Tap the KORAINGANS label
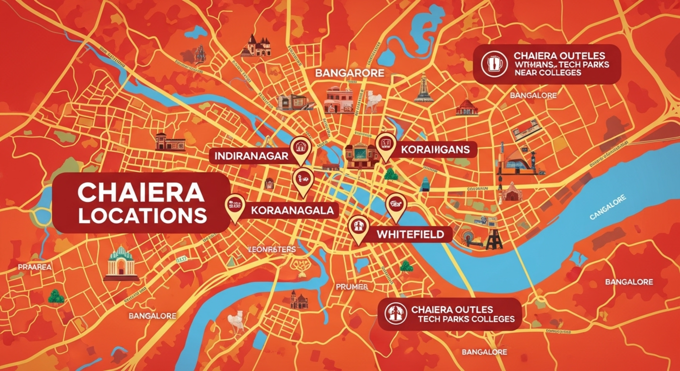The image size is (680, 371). (435, 150)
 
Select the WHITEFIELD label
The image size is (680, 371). (410, 234)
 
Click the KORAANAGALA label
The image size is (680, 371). (292, 211)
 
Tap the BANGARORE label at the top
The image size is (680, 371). (349, 73)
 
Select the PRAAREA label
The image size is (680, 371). (35, 267)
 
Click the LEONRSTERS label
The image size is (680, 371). (272, 250)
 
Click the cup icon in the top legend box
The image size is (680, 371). (494, 64)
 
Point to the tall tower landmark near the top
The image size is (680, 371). (423, 88)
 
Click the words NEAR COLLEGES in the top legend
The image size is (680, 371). (548, 73)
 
